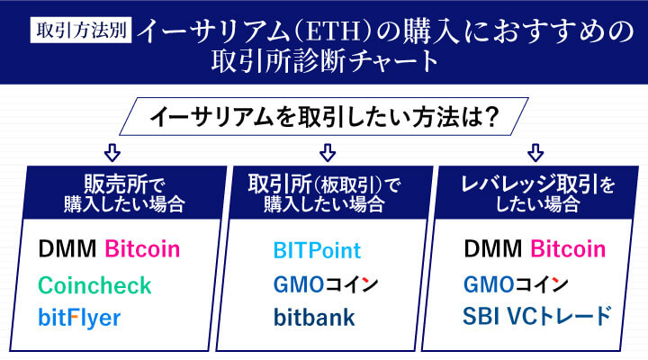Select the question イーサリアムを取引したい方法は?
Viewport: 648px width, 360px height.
pos(324,117)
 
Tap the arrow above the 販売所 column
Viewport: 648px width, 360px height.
pos(112,150)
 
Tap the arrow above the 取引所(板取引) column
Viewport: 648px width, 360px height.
pos(327,150)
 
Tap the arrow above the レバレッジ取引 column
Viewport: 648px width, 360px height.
pos(536,150)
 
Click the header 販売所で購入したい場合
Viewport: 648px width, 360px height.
pos(112,192)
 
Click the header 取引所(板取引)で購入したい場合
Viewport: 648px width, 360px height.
pos(327,192)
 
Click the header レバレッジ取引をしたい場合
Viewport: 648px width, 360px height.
pos(537,192)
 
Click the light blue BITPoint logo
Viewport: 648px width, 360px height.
pos(316,251)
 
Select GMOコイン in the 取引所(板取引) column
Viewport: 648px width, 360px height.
pos(326,285)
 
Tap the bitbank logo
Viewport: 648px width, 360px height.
pos(315,318)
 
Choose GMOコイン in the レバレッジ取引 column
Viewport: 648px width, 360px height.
pos(517,285)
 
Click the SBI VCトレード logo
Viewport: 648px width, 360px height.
pos(537,317)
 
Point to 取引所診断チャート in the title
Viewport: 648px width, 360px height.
pos(324,63)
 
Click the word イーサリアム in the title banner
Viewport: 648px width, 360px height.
pos(213,30)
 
